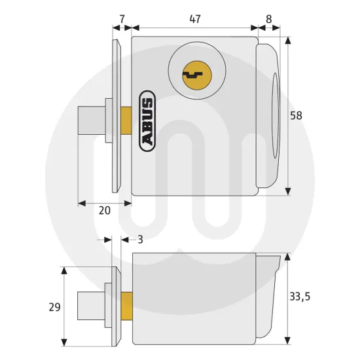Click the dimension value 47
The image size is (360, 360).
coord(195,19)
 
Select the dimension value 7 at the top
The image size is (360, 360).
coord(122,19)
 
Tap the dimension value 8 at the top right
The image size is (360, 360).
coord(270,19)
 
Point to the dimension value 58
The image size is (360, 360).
coord(296,115)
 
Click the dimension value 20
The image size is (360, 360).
coord(104,211)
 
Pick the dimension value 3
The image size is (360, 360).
coord(140,240)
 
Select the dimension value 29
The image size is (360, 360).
coord(54,306)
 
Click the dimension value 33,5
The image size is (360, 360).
coord(299,297)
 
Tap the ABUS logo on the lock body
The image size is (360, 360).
coord(147,120)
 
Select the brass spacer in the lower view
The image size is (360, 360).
coord(128,306)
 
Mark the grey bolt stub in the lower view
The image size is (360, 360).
coord(90,306)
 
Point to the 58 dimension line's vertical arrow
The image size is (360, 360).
coord(287,131)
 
